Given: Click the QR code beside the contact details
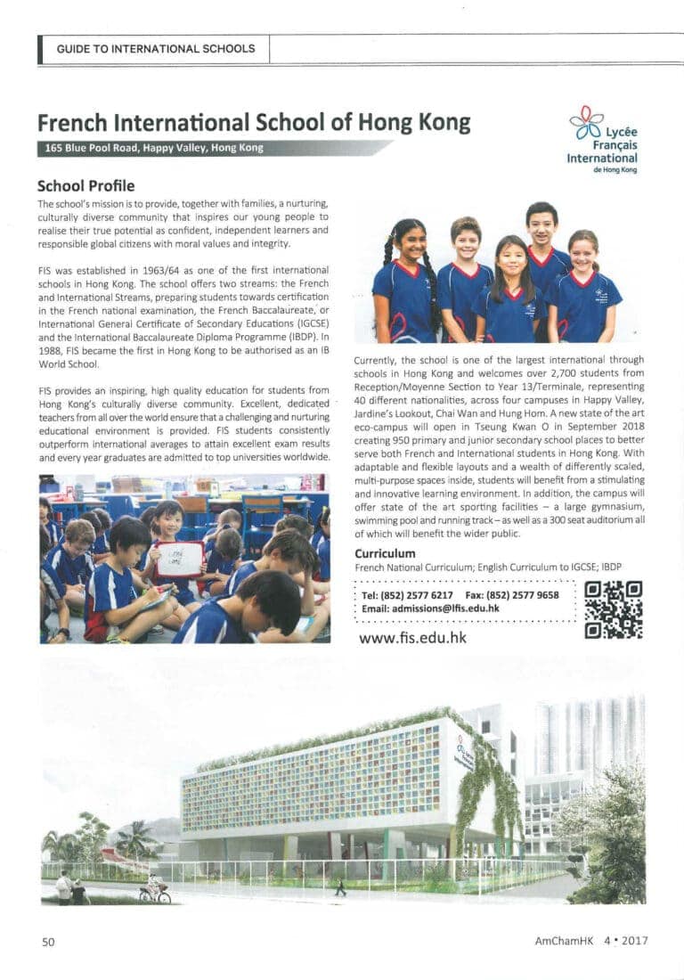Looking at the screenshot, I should click(614, 609).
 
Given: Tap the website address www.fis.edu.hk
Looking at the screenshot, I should click(411, 638).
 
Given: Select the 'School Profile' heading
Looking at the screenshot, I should click(85, 186).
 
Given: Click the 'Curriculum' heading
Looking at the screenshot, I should click(385, 553).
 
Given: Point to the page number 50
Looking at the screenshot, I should click(48, 941).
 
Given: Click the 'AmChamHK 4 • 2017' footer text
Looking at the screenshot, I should click(590, 941).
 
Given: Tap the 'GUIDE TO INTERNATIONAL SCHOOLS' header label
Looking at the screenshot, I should click(156, 49).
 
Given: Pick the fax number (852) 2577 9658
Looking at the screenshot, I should click(525, 595).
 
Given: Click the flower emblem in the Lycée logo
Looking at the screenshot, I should click(587, 121).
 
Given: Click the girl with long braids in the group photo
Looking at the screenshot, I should click(406, 276).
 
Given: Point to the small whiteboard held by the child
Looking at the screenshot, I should click(180, 559).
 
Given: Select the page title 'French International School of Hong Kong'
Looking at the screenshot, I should click(254, 122).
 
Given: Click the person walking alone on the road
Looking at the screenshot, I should click(340, 887).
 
